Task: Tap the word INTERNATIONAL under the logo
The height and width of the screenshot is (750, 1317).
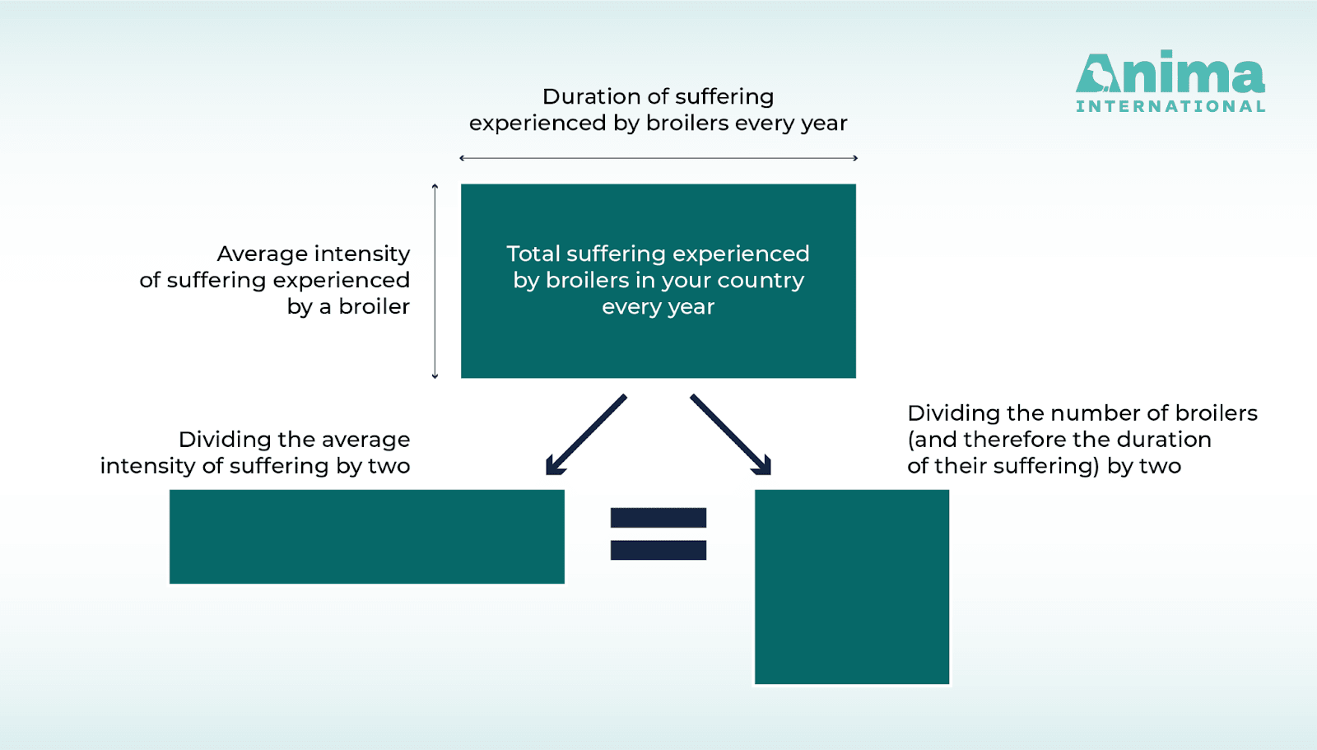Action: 1170,106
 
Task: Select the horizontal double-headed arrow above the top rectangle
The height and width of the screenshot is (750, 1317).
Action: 658,157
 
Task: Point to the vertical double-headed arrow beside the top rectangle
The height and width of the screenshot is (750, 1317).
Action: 435,282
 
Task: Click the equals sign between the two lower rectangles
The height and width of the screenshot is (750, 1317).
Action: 658,533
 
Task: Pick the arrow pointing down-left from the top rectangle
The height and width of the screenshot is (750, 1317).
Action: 585,435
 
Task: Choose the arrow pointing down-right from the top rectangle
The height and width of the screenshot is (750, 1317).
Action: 731,435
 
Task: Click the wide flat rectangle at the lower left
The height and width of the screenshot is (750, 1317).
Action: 367,537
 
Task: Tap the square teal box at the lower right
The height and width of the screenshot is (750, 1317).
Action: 852,586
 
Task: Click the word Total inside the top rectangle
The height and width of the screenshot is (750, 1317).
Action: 533,254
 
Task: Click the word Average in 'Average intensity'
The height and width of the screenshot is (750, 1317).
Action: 263,254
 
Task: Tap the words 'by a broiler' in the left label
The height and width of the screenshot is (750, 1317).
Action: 348,306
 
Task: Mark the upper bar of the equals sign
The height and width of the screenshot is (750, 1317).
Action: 658,518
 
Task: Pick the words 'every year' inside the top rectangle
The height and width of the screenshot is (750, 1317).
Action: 658,307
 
